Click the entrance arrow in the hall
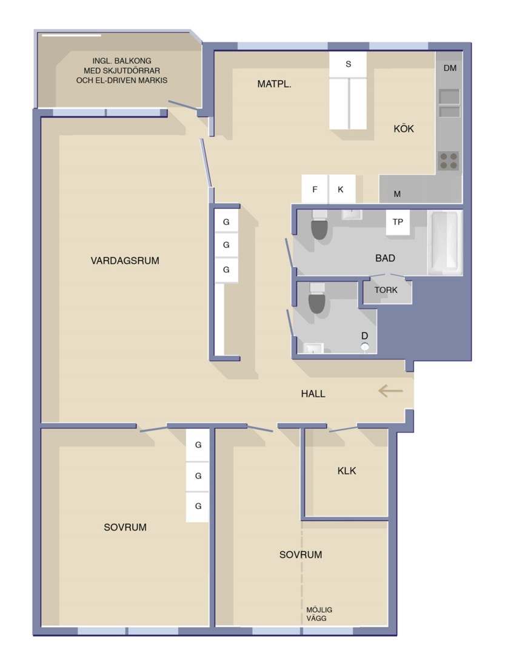point(390,391)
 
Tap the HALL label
point(313,394)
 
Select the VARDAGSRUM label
point(125,261)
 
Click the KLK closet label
point(347,471)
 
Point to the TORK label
point(386,290)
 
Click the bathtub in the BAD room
point(445,242)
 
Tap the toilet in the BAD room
point(319,225)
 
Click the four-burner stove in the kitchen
point(449,161)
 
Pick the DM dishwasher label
point(450,68)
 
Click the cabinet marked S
point(348,64)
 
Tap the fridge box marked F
point(315,189)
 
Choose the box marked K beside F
point(341,189)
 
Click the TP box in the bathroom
point(398,222)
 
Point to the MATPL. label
point(274,84)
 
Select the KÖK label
point(404,129)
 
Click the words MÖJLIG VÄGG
point(319,614)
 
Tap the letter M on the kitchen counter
point(398,194)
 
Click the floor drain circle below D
point(365,346)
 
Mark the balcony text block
point(121,70)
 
